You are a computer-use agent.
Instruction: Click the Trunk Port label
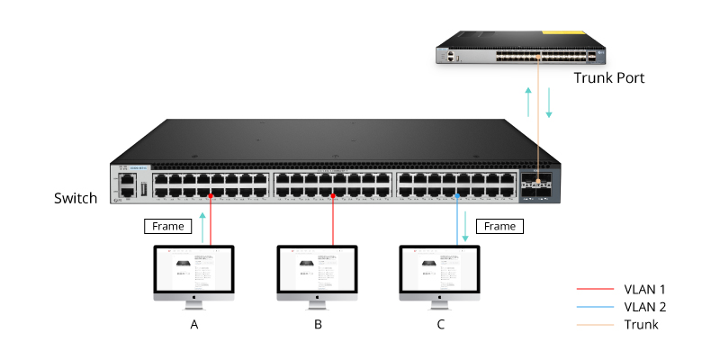[609, 78]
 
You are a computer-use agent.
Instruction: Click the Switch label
[76, 198]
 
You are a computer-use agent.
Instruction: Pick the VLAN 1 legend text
[644, 289]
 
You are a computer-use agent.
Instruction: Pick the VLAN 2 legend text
[644, 307]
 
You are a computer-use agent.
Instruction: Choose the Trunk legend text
[641, 324]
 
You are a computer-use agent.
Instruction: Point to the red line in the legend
[594, 290]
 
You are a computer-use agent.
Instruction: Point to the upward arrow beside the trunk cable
[528, 102]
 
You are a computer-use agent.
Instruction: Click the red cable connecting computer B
[334, 220]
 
